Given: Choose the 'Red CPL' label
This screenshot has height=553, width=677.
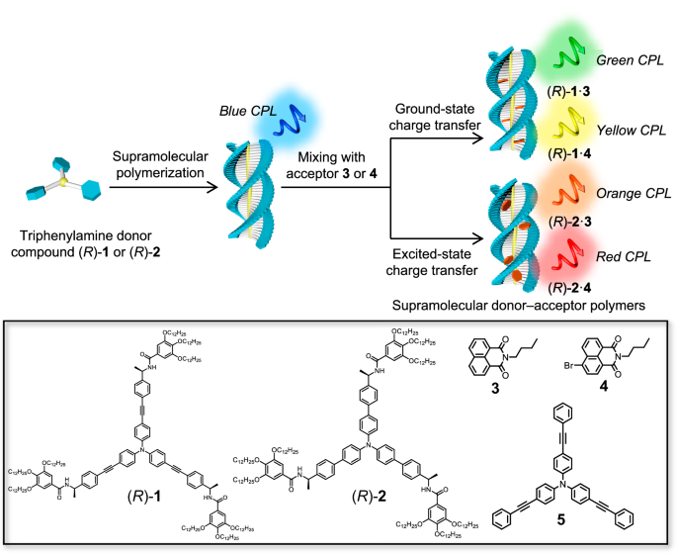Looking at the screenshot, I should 625,255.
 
